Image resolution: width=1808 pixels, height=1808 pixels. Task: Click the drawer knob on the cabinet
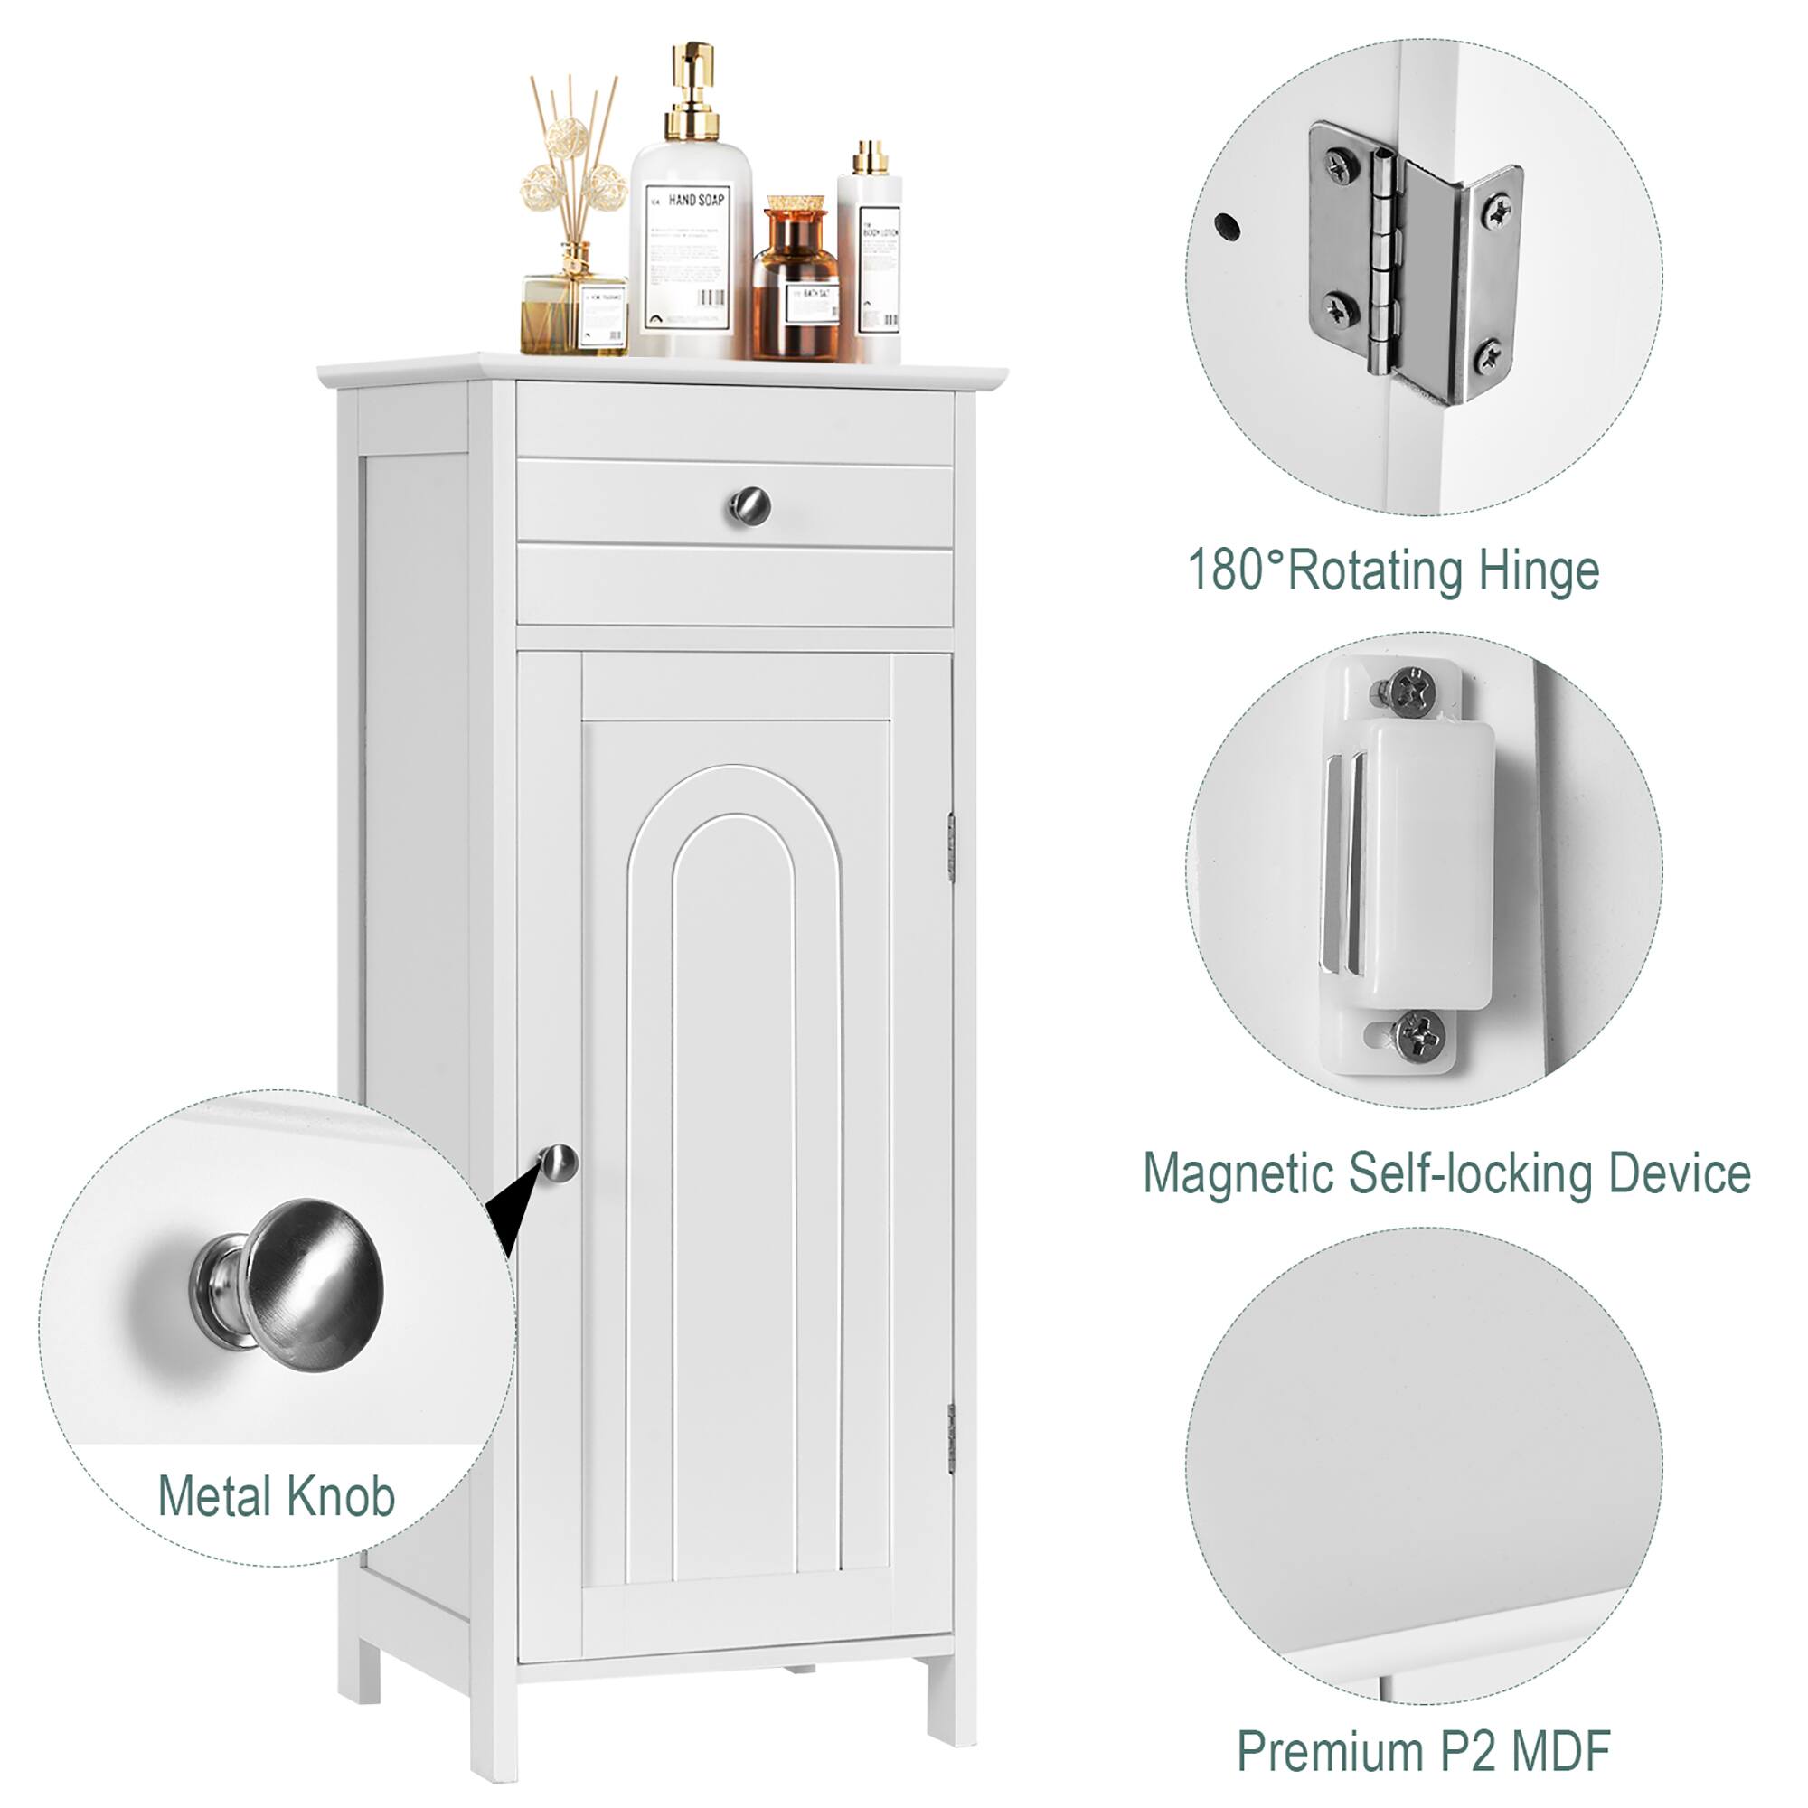[749, 507]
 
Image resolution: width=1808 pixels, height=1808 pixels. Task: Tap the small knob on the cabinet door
[559, 1164]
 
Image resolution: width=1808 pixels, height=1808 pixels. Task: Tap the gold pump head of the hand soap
[693, 84]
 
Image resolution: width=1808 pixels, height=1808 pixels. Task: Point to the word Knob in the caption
[341, 1496]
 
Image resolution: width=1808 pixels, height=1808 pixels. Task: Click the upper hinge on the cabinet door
[951, 848]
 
